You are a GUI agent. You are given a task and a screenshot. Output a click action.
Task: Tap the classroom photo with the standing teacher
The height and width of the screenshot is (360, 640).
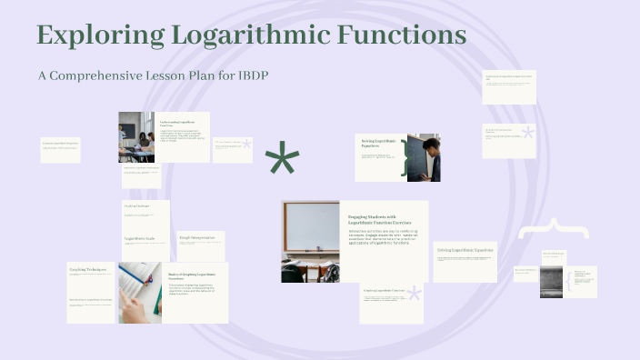pos(136,136)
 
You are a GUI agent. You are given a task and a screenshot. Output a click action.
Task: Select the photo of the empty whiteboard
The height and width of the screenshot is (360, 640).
pos(310,241)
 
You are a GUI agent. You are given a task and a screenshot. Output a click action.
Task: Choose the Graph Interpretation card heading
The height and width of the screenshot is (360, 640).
pos(196,237)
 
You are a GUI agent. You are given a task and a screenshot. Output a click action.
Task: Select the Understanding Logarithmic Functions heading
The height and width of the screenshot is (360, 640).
pos(177,123)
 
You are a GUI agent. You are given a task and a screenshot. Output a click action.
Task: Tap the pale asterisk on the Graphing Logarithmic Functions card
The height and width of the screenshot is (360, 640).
pos(415,294)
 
